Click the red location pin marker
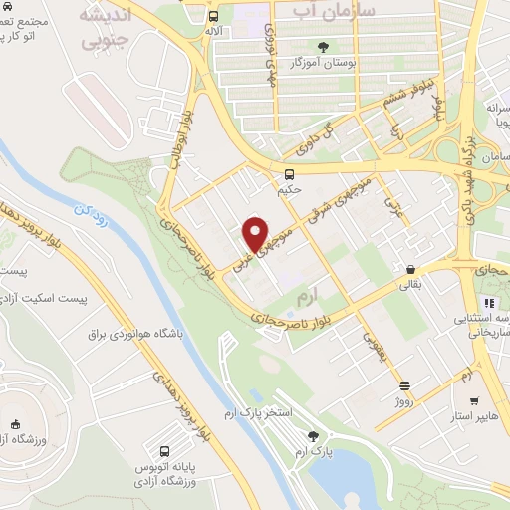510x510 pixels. coord(256,233)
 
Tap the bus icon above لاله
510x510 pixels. coord(213,17)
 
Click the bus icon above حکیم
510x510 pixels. coord(289,175)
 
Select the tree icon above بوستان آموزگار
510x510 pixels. coord(322,46)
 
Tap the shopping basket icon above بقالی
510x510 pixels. coord(410,268)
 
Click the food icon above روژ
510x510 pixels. coord(404,385)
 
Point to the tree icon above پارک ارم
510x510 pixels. coord(315,435)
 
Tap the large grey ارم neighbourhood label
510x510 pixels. coord(304,298)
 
